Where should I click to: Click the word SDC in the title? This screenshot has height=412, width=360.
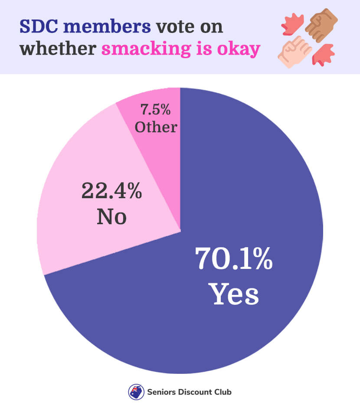point(39,26)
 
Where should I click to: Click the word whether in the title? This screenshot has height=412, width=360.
point(58,49)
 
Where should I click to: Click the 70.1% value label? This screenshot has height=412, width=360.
point(234,259)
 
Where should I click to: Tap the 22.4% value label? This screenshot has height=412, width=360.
point(111,191)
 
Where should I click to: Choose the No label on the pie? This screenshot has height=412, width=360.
point(111,216)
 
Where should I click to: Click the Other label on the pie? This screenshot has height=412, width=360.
point(156,127)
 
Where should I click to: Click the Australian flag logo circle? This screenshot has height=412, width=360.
point(136,392)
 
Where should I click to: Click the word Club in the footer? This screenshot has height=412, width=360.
point(222,392)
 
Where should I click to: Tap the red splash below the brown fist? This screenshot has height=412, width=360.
point(323,56)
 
